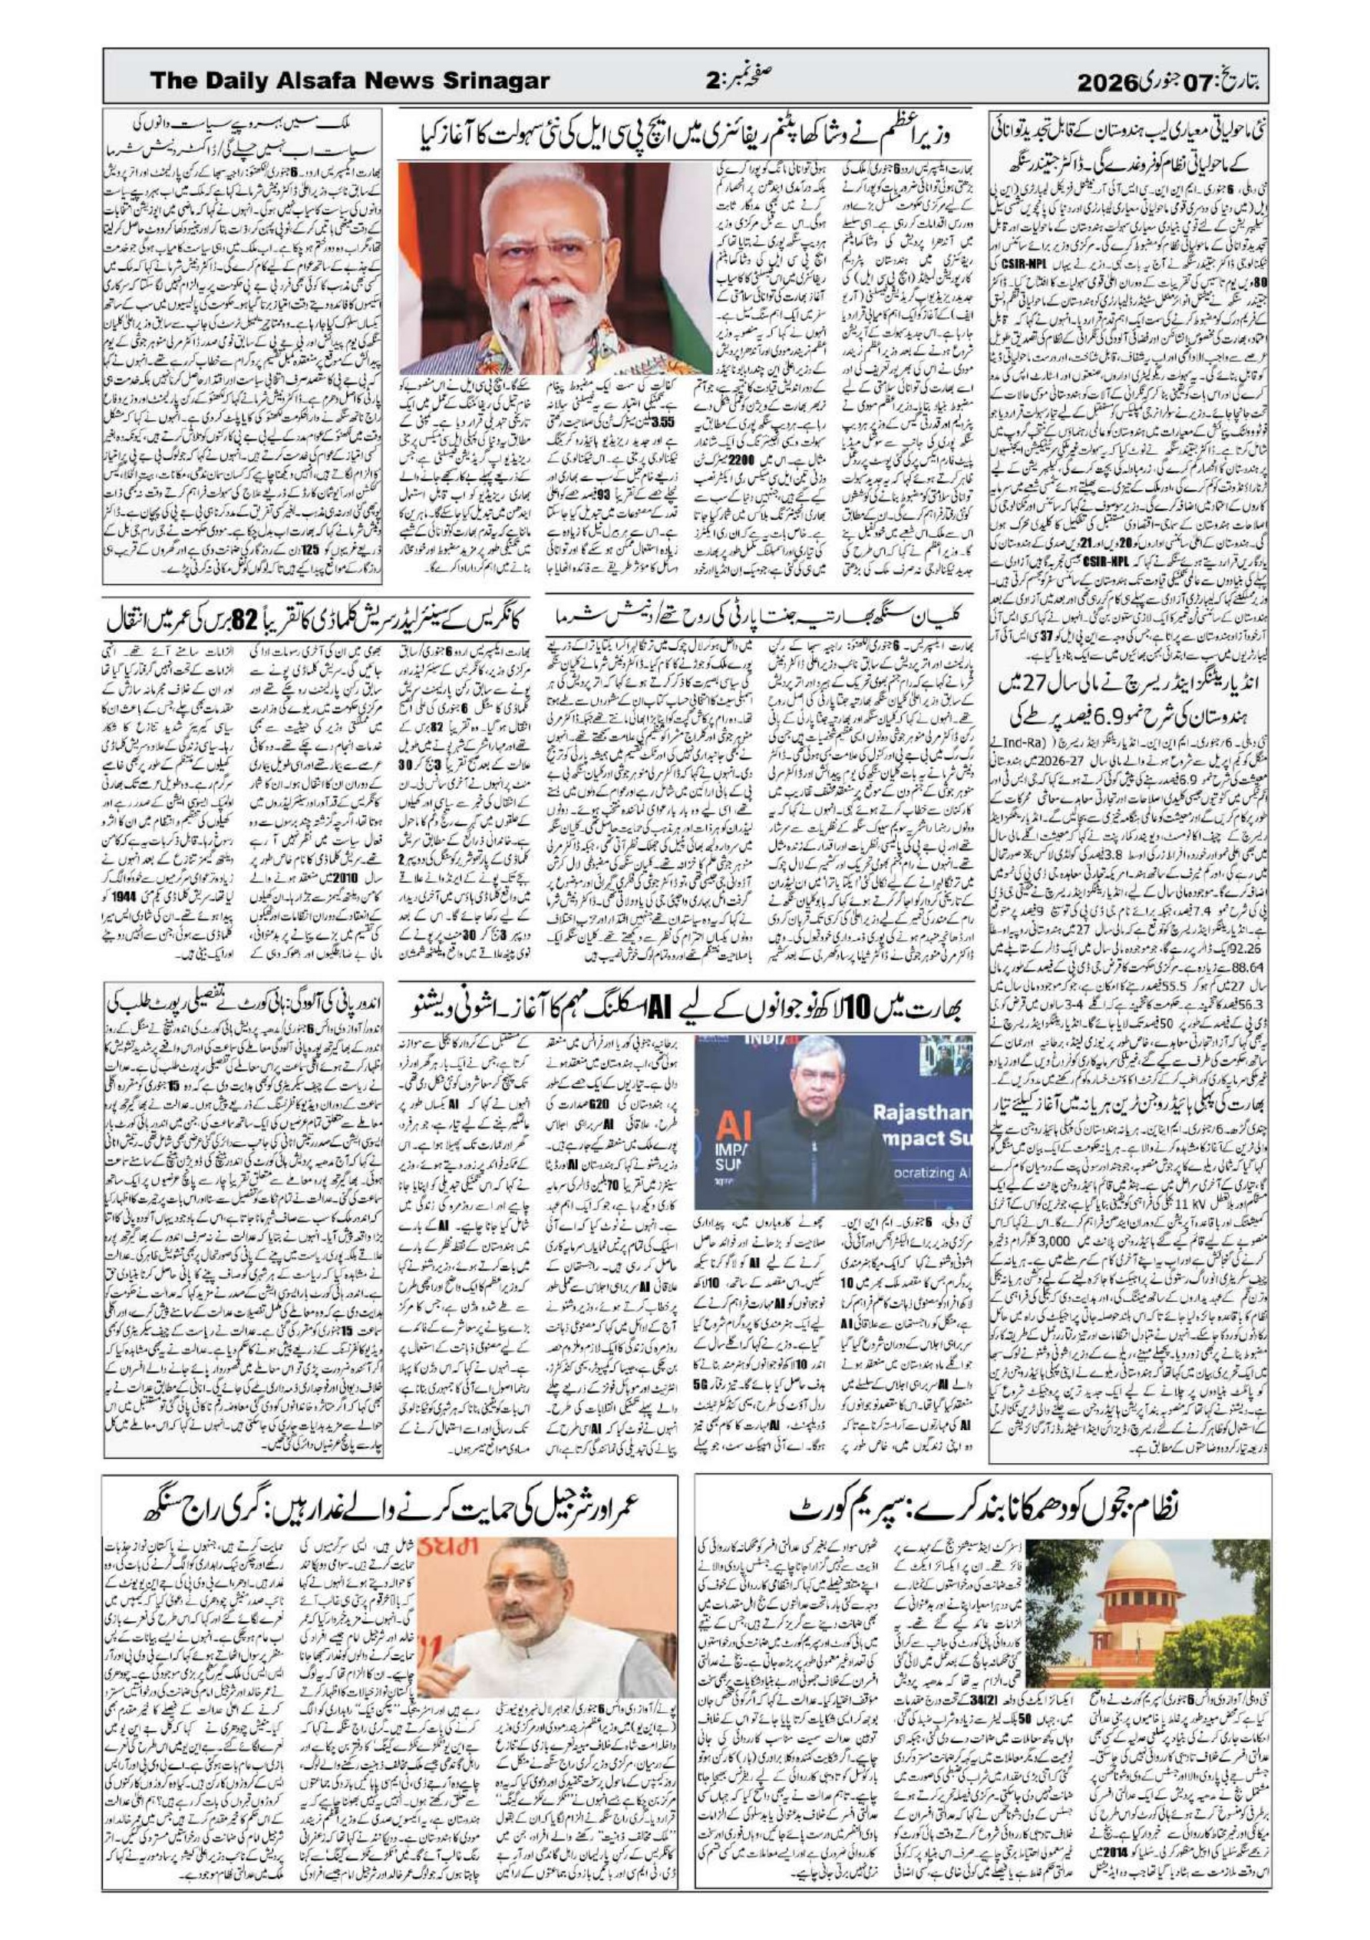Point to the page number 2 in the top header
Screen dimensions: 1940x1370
[x=711, y=82]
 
